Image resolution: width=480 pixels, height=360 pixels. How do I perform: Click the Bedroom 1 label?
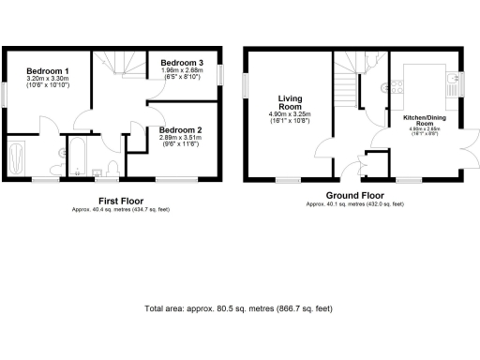pos(47,71)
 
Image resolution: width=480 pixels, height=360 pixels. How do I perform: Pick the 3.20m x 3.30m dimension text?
pos(47,79)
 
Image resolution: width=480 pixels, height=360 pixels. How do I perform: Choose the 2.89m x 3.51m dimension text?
pos(178,138)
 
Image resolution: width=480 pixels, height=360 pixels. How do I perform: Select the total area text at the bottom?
pos(238,308)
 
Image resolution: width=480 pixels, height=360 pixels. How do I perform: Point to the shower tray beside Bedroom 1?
pos(18,157)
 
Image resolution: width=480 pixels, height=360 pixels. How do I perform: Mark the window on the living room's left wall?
pos(246,85)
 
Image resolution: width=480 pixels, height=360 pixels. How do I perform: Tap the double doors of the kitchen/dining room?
pos(461,156)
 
